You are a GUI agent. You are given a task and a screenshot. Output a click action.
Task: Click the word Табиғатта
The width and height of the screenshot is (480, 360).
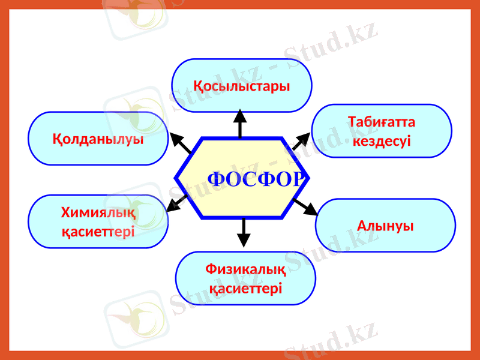tap(382, 122)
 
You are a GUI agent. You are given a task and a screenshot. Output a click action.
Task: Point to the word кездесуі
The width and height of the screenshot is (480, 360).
tap(382, 142)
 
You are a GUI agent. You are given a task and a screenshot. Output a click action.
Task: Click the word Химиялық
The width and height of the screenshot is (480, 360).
tap(98, 212)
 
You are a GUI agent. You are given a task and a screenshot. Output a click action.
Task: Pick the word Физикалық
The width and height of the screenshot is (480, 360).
tap(245, 270)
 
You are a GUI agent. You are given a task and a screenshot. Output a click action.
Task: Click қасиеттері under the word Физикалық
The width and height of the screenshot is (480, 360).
tap(245, 289)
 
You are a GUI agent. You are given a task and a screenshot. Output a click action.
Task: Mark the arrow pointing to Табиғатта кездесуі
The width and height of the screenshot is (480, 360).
tap(301, 141)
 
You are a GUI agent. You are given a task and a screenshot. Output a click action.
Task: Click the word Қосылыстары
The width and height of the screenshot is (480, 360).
tap(242, 86)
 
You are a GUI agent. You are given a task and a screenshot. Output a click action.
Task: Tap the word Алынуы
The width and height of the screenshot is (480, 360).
tap(385, 226)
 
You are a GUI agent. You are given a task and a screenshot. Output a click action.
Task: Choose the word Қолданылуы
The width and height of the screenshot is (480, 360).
tap(98, 139)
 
